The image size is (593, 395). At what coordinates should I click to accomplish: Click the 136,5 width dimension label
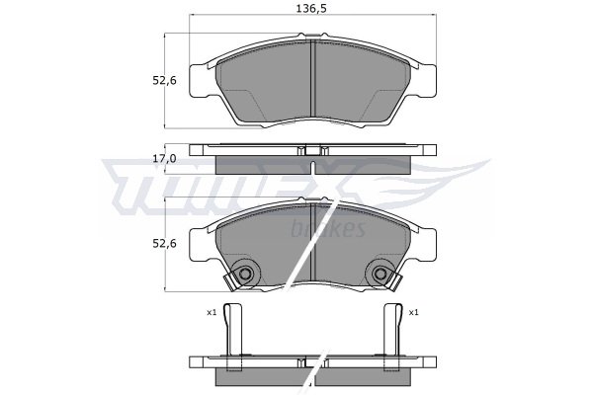[x=310, y=8]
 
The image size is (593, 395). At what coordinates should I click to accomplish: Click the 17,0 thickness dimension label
[x=164, y=159]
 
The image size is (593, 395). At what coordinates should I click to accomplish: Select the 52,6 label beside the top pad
[x=164, y=81]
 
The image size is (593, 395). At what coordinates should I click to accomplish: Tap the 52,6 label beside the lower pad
[x=164, y=244]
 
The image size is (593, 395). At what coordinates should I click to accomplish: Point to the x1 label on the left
[x=212, y=313]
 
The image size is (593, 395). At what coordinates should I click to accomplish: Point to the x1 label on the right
[x=414, y=313]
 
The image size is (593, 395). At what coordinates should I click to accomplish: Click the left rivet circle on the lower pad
[x=245, y=274]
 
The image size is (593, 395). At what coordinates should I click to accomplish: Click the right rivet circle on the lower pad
[x=380, y=274]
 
